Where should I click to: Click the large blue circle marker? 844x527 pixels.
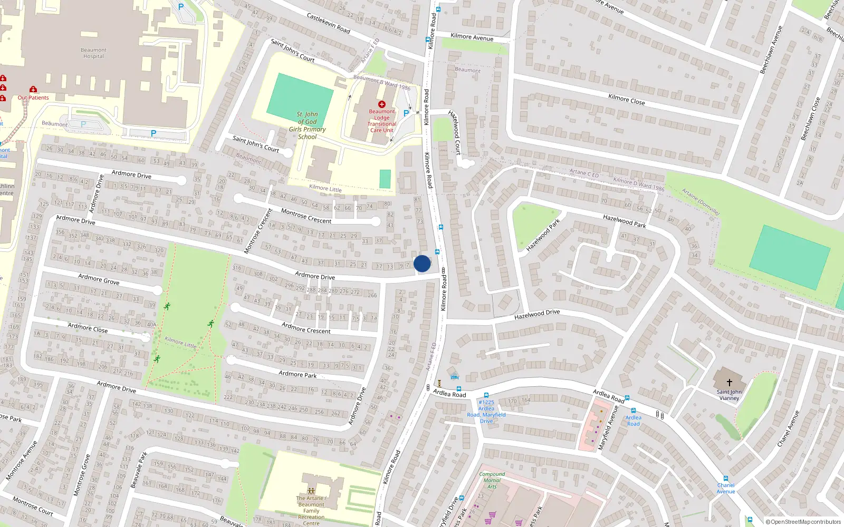pyautogui.click(x=422, y=263)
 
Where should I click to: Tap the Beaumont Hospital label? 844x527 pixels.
pyautogui.click(x=93, y=53)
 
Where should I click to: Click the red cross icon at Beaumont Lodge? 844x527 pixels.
pyautogui.click(x=382, y=104)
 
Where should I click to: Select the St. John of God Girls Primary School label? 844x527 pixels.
pyautogui.click(x=307, y=125)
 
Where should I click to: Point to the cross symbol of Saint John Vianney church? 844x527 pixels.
pyautogui.click(x=730, y=382)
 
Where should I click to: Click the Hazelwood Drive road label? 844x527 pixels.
pyautogui.click(x=537, y=315)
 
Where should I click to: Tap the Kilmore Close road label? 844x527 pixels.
pyautogui.click(x=626, y=99)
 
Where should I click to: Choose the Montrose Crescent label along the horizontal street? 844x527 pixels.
pyautogui.click(x=306, y=216)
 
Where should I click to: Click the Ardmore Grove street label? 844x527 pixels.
pyautogui.click(x=99, y=279)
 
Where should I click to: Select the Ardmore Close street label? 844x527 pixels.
pyautogui.click(x=88, y=328)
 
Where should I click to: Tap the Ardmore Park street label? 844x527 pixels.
pyautogui.click(x=298, y=374)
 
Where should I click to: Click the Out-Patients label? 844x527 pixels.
pyautogui.click(x=33, y=97)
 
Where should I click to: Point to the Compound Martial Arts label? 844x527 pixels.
pyautogui.click(x=492, y=480)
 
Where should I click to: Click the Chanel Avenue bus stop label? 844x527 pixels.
pyautogui.click(x=726, y=489)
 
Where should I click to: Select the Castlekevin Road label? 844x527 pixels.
pyautogui.click(x=328, y=23)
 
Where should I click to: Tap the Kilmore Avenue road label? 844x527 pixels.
pyautogui.click(x=472, y=37)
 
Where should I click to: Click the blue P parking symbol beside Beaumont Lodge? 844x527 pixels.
pyautogui.click(x=406, y=113)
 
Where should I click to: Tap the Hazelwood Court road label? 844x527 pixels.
pyautogui.click(x=455, y=132)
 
